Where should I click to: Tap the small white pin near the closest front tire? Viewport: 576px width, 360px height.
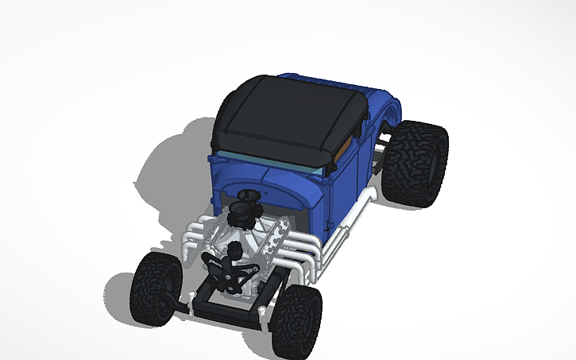260,312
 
